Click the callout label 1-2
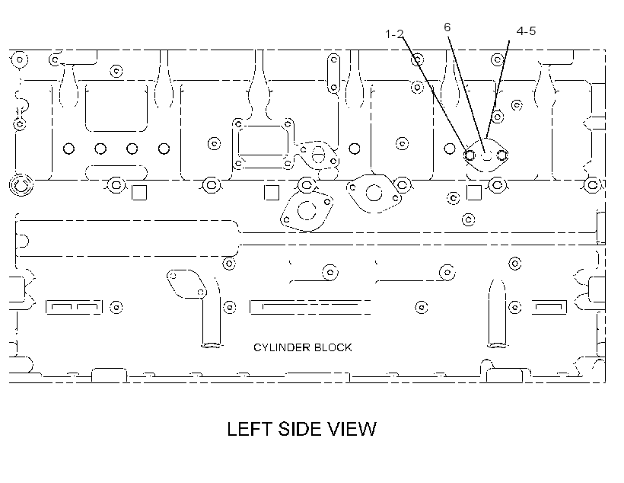point(394,34)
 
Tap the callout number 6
point(447,27)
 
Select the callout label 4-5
point(526,30)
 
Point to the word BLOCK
point(333,347)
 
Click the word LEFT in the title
point(250,429)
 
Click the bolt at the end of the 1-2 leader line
point(470,155)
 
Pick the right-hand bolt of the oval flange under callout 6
point(501,155)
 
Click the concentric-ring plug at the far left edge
point(21,184)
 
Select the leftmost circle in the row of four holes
point(68,149)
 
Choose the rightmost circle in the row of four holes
point(164,149)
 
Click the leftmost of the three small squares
point(139,193)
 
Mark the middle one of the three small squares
point(272,193)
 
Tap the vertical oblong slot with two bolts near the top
point(333,73)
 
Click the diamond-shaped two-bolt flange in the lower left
point(186,284)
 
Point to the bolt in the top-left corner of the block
point(20,59)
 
